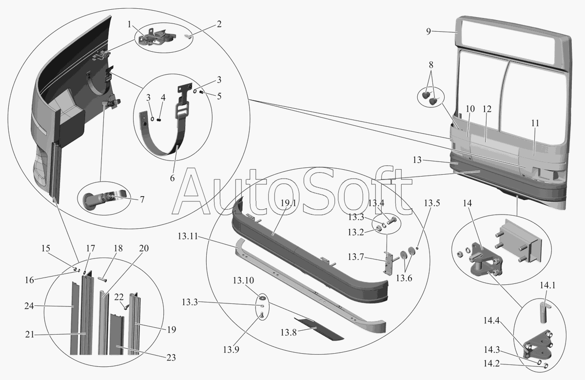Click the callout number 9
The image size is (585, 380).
pyautogui.click(x=428, y=32)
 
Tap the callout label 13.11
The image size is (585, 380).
pyautogui.click(x=188, y=236)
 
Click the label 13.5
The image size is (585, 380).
pyautogui.click(x=431, y=203)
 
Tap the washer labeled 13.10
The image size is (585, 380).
pyautogui.click(x=263, y=298)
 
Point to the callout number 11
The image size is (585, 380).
pyautogui.click(x=535, y=123)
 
